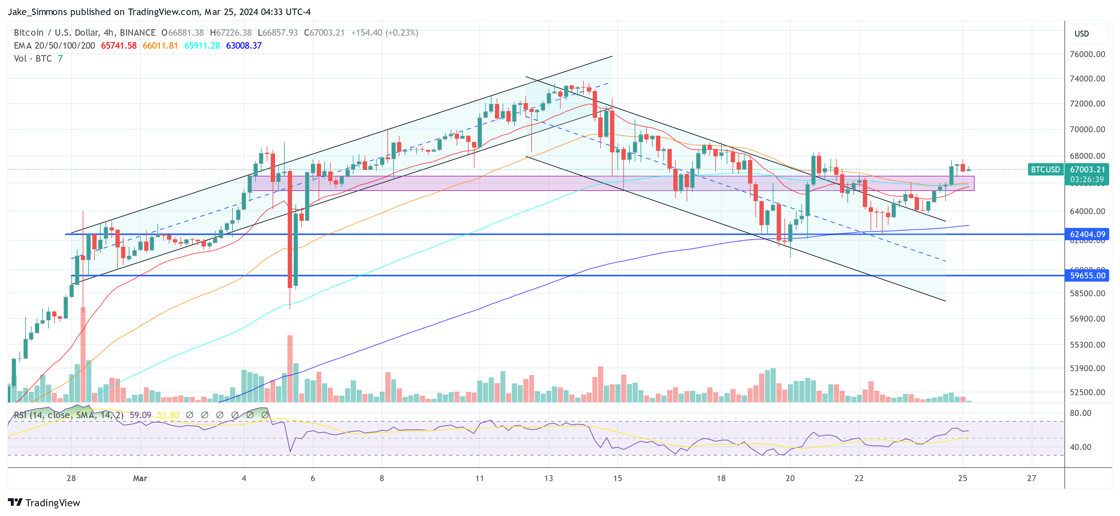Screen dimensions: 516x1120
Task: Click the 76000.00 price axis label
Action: [x=1087, y=54]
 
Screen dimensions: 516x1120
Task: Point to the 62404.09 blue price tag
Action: [x=1087, y=234]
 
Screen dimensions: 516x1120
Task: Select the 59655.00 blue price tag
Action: [x=1087, y=275]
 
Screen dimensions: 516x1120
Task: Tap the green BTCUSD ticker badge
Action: [x=1045, y=169]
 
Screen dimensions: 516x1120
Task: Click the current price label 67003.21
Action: [x=1087, y=169]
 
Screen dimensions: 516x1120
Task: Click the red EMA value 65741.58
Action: [x=119, y=46]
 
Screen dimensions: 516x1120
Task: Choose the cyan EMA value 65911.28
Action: [x=202, y=46]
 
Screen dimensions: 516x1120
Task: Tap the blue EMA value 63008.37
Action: [x=244, y=46]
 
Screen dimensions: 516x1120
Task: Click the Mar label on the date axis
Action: [x=140, y=478]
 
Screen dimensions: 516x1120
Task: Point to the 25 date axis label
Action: [x=963, y=478]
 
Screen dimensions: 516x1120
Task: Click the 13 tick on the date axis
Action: [x=548, y=478]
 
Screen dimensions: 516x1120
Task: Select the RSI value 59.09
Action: [x=140, y=415]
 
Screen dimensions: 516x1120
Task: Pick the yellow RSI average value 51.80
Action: [x=168, y=415]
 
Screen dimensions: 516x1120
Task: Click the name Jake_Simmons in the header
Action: [x=37, y=12]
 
